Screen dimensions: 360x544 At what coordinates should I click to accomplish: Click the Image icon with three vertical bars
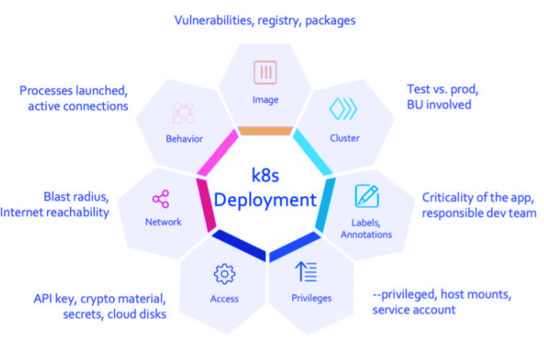click(x=265, y=73)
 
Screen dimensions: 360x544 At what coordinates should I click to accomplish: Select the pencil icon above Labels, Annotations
click(x=366, y=195)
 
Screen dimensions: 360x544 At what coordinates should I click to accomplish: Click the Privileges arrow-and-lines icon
click(x=306, y=272)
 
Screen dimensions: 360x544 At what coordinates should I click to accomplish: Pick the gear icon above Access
click(x=224, y=274)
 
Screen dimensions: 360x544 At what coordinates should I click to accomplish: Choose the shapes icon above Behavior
click(x=184, y=112)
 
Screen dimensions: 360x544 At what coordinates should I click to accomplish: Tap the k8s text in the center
click(x=265, y=176)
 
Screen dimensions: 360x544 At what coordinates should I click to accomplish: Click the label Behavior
click(x=185, y=138)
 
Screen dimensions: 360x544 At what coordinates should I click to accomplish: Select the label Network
click(x=163, y=222)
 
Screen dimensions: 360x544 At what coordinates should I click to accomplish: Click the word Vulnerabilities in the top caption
click(x=212, y=20)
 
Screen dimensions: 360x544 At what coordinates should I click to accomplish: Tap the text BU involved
click(x=439, y=104)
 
